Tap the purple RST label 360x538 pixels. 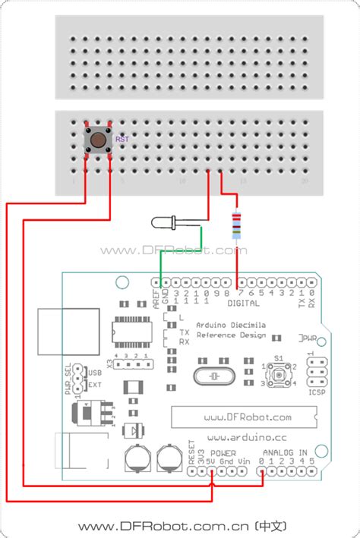pos(122,140)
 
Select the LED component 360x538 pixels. pos(163,222)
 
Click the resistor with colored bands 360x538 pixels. pos(237,225)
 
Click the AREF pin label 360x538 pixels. pos(156,296)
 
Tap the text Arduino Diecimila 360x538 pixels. pos(231,323)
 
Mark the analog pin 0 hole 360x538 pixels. pos(262,470)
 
